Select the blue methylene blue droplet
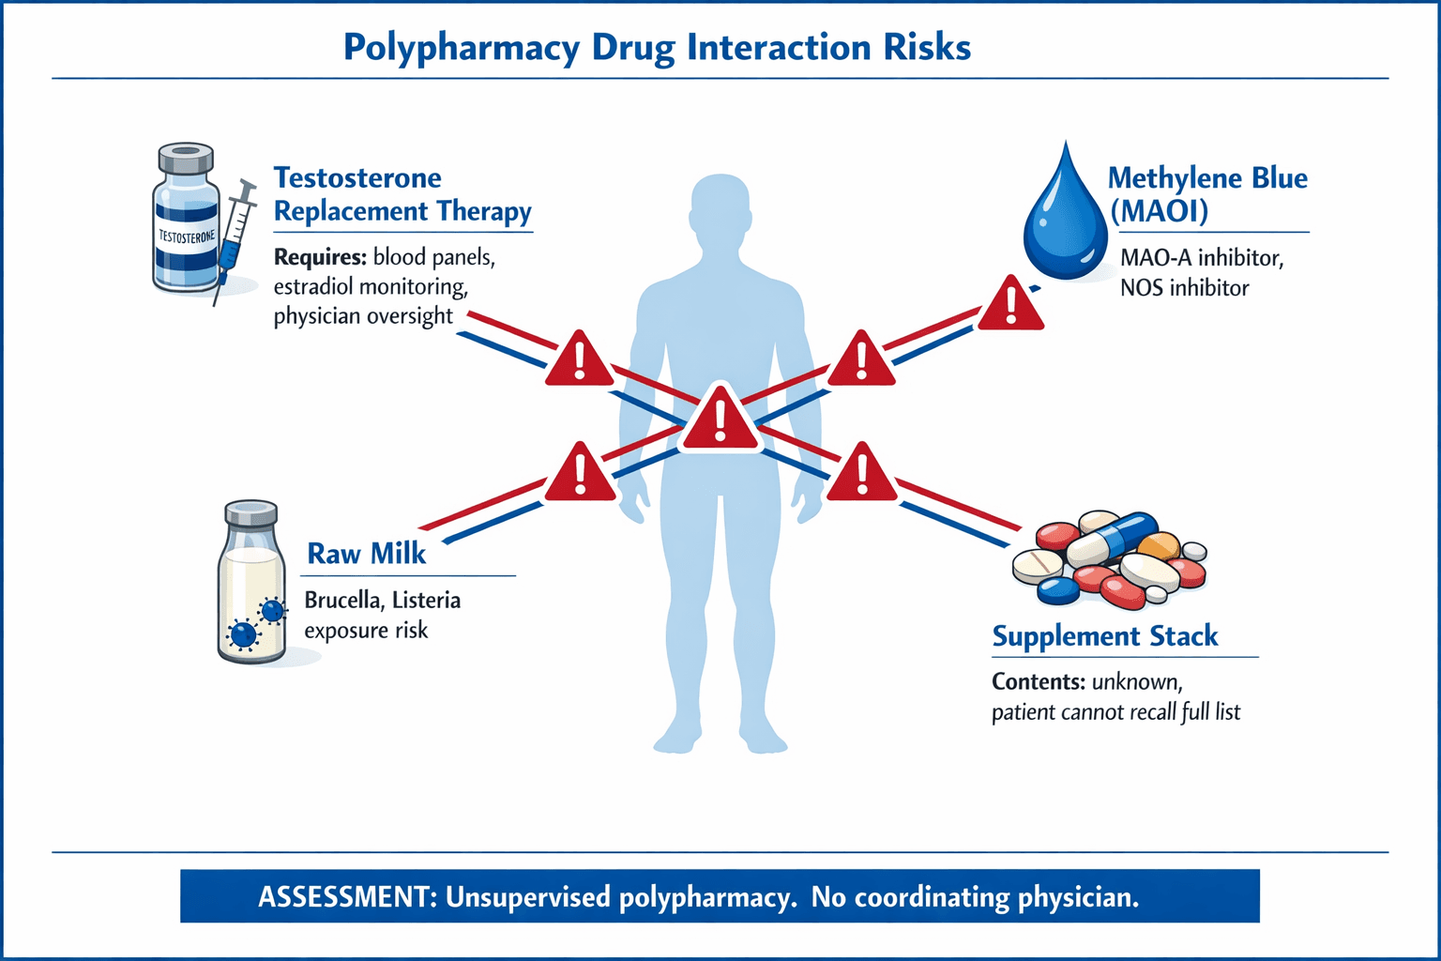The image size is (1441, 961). tap(1065, 221)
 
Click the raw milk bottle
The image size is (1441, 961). tap(251, 587)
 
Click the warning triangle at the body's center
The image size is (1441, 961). tap(720, 419)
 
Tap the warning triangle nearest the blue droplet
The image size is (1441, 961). tap(1010, 304)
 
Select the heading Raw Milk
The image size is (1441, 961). tap(367, 554)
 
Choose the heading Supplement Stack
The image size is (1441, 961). tap(1105, 636)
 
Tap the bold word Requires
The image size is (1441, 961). tap(319, 257)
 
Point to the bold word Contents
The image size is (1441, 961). tap(1039, 682)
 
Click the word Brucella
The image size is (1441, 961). tap(342, 601)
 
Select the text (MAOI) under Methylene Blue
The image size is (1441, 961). tap(1159, 211)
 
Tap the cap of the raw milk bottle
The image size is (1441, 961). tap(251, 512)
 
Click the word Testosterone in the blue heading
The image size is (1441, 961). tap(357, 178)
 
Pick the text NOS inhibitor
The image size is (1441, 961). tap(1184, 288)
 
